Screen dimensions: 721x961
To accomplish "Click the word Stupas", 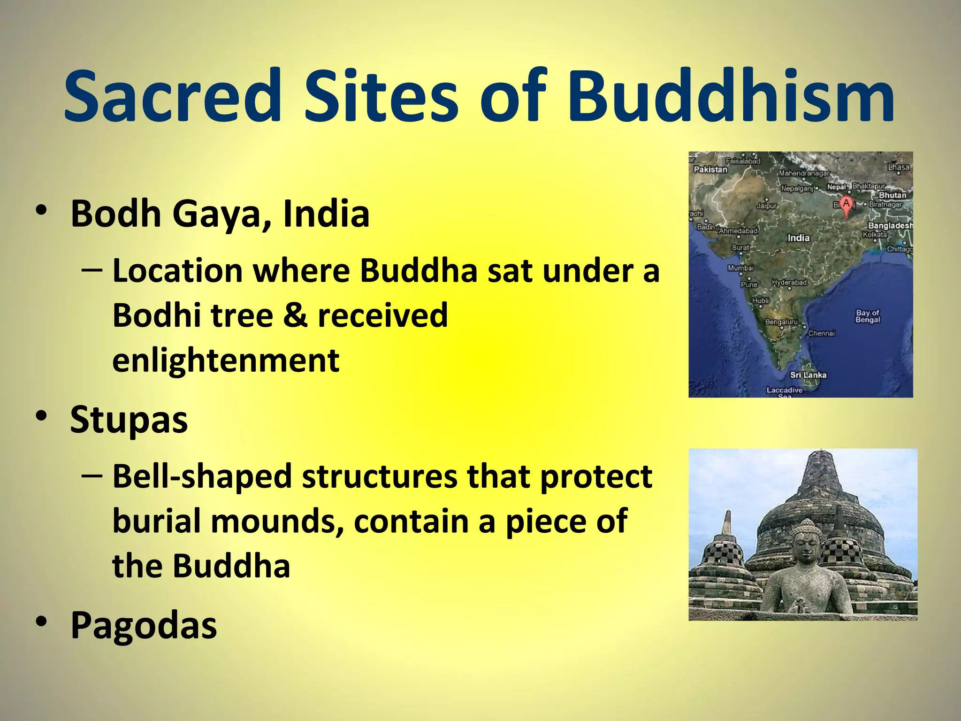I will point(129,419).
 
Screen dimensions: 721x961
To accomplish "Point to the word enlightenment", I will point(226,360).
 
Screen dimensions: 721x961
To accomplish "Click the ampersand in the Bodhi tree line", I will point(295,315).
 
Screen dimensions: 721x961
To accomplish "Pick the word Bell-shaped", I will point(202,476).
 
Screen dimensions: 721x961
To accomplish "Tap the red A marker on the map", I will point(846,205).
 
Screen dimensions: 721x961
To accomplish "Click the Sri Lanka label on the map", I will point(808,375).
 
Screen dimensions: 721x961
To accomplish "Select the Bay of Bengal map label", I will point(868,316).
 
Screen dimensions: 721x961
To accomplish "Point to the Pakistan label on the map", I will point(710,169).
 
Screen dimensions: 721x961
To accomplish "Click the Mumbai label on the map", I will point(740,268).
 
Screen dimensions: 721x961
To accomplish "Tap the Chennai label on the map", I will point(821,333).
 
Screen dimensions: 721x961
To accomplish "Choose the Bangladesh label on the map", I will point(890,226).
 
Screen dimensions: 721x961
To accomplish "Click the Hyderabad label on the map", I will point(789,283).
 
